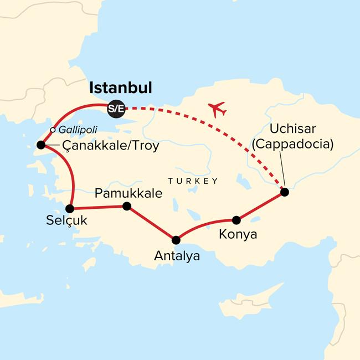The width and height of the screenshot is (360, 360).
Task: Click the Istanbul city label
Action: [x=121, y=89]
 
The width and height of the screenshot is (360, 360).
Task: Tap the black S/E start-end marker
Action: [x=116, y=109]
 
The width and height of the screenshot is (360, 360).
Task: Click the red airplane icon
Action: [x=217, y=109]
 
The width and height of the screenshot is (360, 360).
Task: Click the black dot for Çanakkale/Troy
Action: [x=40, y=146]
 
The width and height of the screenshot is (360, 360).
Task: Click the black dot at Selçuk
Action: [x=70, y=209]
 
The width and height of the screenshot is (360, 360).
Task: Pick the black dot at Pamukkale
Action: [x=126, y=206]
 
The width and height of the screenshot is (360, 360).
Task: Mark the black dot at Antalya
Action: [x=176, y=240]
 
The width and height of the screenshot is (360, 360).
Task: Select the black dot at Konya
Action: [x=236, y=219]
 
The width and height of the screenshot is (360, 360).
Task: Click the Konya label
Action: [x=238, y=234]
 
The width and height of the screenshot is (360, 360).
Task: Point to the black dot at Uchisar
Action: [x=285, y=192]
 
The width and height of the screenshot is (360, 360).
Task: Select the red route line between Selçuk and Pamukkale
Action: [x=98, y=208]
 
